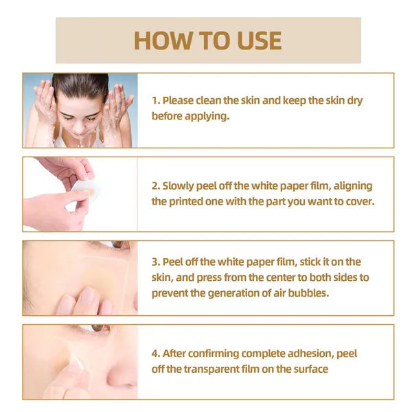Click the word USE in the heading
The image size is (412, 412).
[x=259, y=41]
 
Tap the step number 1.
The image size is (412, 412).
[x=156, y=100]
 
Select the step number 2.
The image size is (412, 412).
[x=156, y=186]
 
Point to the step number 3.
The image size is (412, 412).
[x=156, y=262]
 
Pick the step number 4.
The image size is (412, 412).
[x=156, y=354]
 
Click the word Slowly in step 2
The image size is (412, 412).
[x=178, y=186]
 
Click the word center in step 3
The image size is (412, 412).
[x=263, y=277]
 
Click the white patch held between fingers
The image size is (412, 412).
[x=84, y=190]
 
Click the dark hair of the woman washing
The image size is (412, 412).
[x=80, y=84]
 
